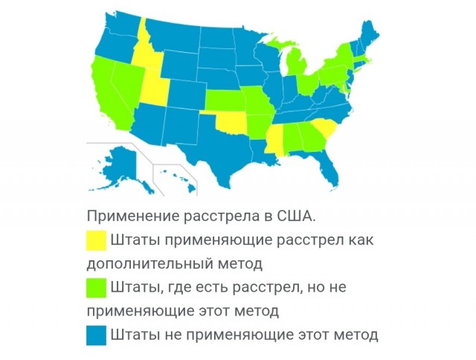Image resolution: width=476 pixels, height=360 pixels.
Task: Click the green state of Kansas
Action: pyautogui.click(x=224, y=101)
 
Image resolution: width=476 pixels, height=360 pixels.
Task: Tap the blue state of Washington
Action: pyautogui.click(x=112, y=33)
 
